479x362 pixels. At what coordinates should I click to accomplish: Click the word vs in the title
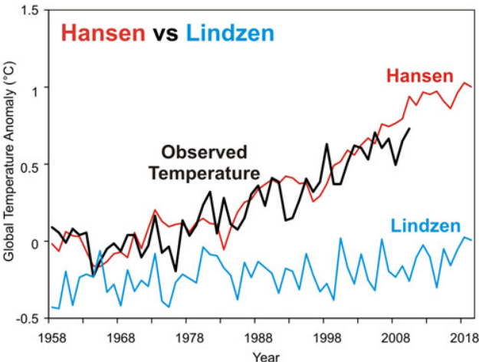click(168, 34)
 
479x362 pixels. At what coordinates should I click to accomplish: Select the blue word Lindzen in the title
click(231, 34)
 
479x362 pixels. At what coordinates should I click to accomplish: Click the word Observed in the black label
click(204, 151)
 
